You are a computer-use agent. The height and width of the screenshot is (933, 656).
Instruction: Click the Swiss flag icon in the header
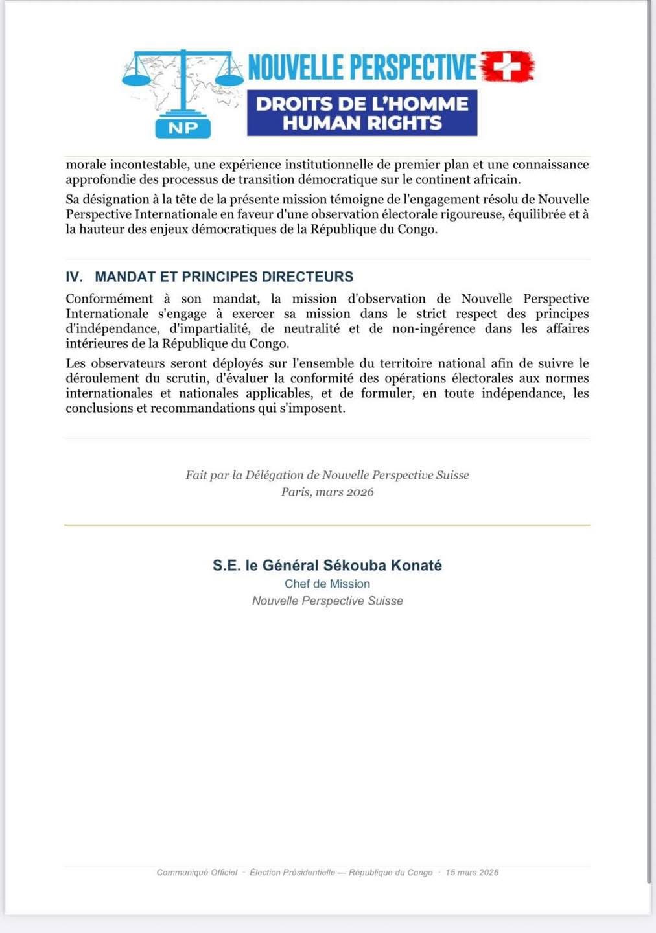[x=509, y=66]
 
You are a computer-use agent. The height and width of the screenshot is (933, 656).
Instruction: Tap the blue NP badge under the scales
[x=183, y=128]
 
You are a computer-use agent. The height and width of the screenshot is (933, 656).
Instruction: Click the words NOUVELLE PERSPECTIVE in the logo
[x=362, y=67]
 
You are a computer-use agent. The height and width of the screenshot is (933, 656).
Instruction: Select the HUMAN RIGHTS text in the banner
[x=362, y=123]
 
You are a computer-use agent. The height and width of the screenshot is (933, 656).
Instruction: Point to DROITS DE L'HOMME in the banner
[x=362, y=104]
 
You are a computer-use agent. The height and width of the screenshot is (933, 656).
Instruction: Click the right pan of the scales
[x=229, y=78]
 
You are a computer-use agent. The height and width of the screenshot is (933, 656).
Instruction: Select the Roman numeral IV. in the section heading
[x=74, y=277]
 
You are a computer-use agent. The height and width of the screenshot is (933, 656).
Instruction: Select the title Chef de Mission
[x=327, y=584]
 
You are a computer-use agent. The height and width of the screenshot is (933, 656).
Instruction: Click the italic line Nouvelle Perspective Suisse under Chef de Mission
[x=327, y=601]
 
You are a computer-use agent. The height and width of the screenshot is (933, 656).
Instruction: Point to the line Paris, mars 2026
[x=327, y=492]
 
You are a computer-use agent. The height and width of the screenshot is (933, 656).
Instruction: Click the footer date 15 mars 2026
[x=472, y=873]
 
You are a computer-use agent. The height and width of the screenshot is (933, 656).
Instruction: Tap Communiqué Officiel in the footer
[x=197, y=873]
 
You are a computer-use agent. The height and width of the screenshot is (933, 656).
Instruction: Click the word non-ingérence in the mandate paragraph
[x=434, y=328]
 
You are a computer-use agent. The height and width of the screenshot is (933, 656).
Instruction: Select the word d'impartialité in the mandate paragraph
[x=209, y=328]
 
